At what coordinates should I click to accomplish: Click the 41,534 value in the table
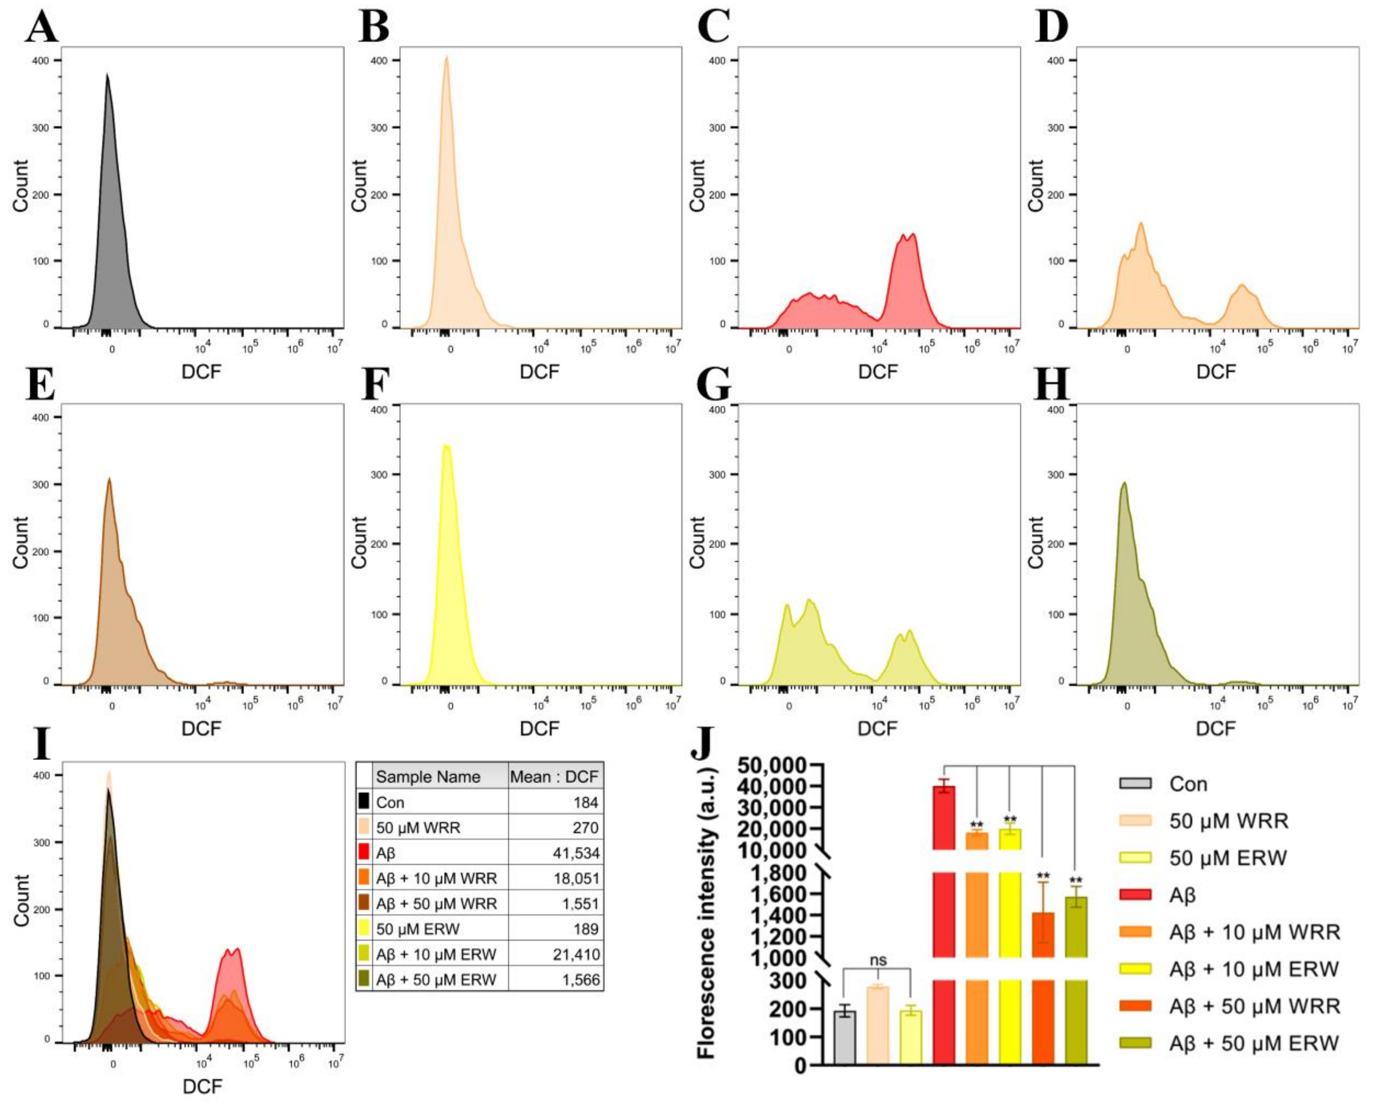coord(575,853)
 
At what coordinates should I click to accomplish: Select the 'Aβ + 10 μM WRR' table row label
coord(436,878)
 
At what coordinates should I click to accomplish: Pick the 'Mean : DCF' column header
coord(554,777)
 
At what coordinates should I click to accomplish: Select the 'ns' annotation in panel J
coord(878,960)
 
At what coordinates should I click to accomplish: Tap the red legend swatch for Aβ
coord(1135,895)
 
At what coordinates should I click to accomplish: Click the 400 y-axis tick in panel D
coord(1056,61)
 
